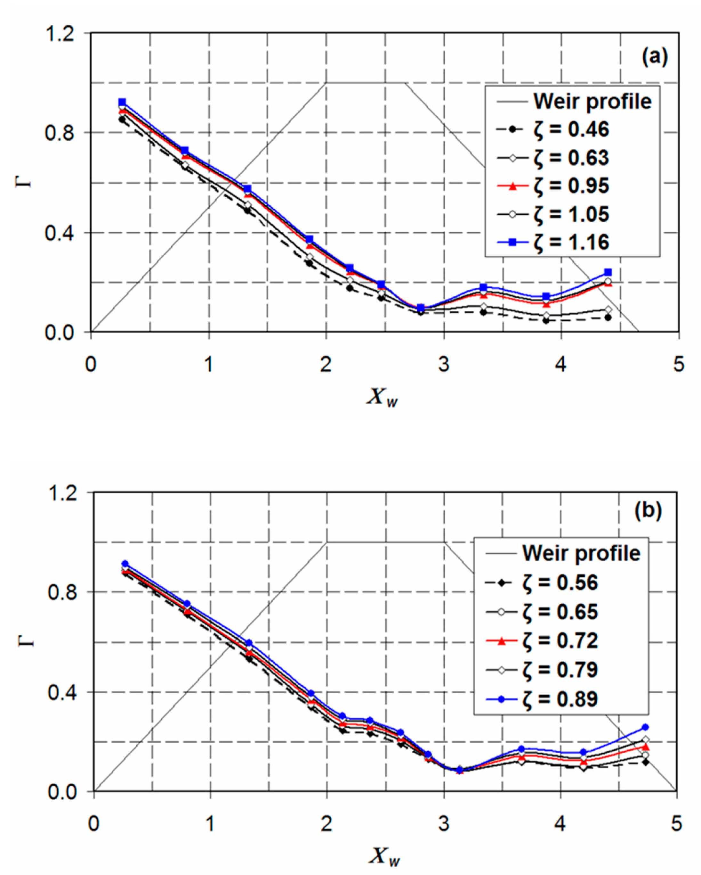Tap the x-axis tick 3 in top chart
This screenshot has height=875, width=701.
[444, 364]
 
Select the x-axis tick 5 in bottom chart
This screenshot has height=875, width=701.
[676, 824]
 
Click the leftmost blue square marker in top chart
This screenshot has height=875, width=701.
[122, 102]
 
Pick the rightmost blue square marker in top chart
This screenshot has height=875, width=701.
[607, 272]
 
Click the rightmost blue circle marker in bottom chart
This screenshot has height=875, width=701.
[645, 727]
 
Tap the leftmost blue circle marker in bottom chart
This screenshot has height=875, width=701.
[125, 564]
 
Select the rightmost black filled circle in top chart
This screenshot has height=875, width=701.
[607, 318]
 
